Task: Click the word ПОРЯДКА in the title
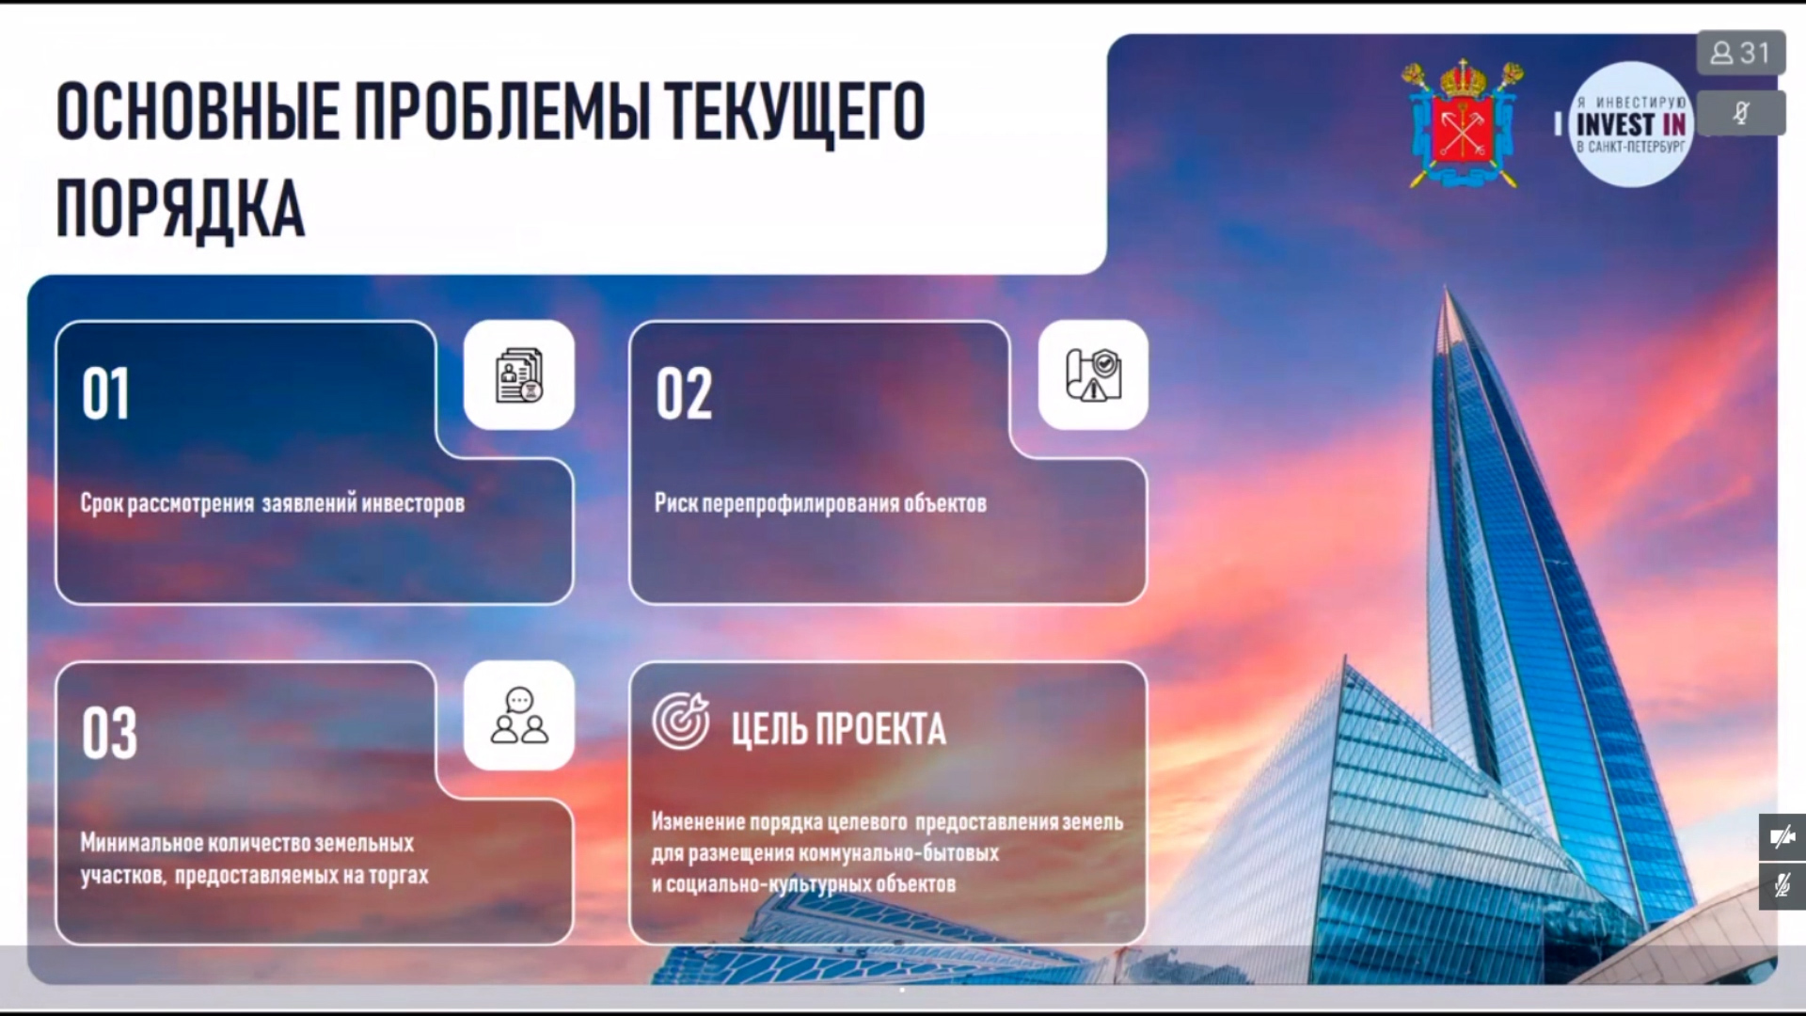pos(181,209)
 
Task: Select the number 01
pos(105,393)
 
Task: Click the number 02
pos(684,393)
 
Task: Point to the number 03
pos(109,733)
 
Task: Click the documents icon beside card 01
pos(519,375)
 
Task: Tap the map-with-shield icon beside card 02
pos(1093,375)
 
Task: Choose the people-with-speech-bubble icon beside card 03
pos(519,716)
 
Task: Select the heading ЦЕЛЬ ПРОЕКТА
pos(839,729)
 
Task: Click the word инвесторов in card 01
pos(413,503)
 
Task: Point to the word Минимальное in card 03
pos(141,843)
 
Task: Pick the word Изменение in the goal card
pos(698,822)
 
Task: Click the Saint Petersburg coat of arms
pos(1463,124)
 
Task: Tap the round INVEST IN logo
pos(1630,124)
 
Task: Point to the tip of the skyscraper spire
pos(1448,287)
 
